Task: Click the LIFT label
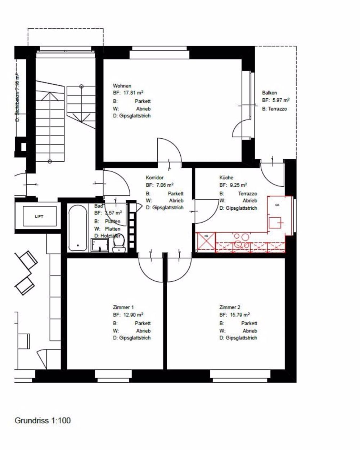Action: pos(39,217)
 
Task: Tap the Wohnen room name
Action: pos(122,86)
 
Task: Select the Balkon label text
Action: pos(269,93)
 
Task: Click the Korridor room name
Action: pos(155,178)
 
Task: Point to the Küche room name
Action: pos(226,178)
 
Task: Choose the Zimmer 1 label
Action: pos(123,307)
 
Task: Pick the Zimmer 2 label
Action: pos(230,307)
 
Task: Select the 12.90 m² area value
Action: pos(134,315)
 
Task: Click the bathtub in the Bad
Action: pos(78,228)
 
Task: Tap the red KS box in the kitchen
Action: pos(206,242)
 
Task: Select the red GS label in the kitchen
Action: pos(277,205)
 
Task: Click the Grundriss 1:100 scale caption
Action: pos(42,420)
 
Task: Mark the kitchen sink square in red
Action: pos(277,223)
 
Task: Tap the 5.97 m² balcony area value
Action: pos(282,100)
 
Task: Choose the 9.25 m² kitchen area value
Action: pos(239,185)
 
